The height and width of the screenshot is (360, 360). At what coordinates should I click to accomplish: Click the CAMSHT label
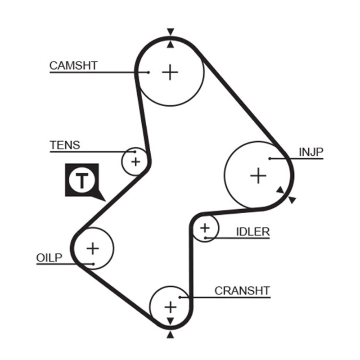click(74, 65)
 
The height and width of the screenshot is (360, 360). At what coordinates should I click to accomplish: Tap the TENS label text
click(65, 145)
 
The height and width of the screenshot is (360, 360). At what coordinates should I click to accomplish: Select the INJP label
click(311, 152)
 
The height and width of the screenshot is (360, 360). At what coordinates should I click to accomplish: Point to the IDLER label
click(253, 232)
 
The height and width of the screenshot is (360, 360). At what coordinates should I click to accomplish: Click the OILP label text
click(49, 258)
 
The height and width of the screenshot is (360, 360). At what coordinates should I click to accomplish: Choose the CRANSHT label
click(242, 291)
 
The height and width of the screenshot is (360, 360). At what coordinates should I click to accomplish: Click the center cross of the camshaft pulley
click(170, 72)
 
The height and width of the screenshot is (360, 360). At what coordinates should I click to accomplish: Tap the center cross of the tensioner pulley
click(136, 162)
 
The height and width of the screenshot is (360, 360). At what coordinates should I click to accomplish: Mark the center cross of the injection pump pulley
click(258, 175)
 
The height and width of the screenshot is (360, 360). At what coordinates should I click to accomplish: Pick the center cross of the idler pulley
click(205, 228)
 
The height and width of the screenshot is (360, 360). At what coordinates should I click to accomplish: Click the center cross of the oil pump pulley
click(93, 248)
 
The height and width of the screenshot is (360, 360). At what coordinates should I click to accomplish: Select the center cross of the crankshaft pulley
click(171, 307)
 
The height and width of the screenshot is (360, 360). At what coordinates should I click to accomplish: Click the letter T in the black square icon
click(82, 181)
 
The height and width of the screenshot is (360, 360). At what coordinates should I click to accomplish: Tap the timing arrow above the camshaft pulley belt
click(171, 31)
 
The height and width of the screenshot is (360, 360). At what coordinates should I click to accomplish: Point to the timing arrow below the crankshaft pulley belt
click(170, 335)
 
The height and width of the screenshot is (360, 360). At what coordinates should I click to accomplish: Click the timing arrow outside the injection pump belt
click(292, 200)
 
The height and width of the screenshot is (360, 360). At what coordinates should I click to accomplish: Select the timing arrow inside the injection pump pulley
click(280, 190)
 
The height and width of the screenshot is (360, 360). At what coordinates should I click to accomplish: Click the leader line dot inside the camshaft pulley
click(148, 72)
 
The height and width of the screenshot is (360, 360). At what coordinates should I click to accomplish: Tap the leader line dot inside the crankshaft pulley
click(180, 297)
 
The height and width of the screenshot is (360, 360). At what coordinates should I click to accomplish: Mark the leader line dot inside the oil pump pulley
click(93, 264)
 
